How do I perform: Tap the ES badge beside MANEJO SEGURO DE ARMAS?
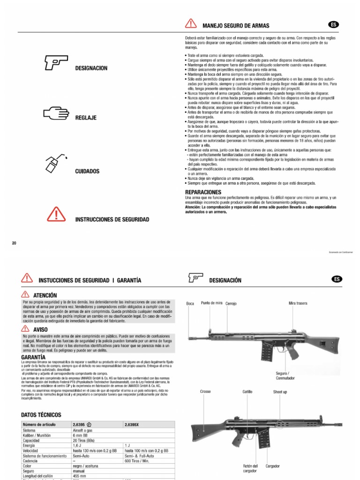coord(334,24)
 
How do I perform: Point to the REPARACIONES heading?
coord(203,192)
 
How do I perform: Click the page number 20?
coord(14,243)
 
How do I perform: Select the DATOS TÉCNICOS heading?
coord(41,415)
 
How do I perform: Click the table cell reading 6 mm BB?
coord(83,435)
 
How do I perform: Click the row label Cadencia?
coord(32,461)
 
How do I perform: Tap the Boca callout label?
coord(190,304)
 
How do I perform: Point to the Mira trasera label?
coord(298,303)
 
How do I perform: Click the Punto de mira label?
coord(212,303)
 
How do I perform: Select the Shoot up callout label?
coord(280,391)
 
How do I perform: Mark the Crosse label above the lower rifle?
coord(205,391)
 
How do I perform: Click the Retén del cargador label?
coord(251,469)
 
